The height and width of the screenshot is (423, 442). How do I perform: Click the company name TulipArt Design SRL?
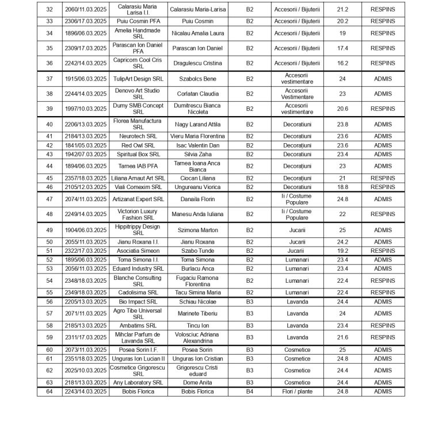point(138,79)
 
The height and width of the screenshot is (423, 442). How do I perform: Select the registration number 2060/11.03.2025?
point(85,10)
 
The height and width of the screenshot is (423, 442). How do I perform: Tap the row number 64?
point(49,391)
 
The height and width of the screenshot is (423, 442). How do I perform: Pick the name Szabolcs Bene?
point(197,79)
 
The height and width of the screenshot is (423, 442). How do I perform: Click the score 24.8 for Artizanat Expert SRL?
point(342,199)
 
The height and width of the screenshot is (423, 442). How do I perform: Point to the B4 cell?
point(249,391)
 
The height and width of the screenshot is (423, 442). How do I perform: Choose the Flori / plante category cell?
point(297,391)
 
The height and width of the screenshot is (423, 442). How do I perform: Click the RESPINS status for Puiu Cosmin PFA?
point(383,21)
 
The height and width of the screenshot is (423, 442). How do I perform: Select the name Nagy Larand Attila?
point(197,124)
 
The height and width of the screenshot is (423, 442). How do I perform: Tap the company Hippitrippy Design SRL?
point(138,230)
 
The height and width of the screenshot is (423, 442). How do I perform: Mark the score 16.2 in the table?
point(342,63)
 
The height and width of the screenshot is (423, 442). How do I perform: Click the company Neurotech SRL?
point(138,136)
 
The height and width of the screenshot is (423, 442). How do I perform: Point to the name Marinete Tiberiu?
point(197,313)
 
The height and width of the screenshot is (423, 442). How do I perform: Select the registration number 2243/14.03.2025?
point(85,391)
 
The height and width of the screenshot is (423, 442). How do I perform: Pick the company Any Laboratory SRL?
point(138,382)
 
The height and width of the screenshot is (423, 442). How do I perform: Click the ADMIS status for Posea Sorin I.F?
point(383,349)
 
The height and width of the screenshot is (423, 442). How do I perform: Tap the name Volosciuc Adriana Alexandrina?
point(197,337)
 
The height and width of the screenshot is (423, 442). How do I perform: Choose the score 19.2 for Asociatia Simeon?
point(342,251)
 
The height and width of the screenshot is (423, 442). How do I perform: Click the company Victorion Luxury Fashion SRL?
point(138,214)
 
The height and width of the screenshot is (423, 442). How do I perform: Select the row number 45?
point(49,178)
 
